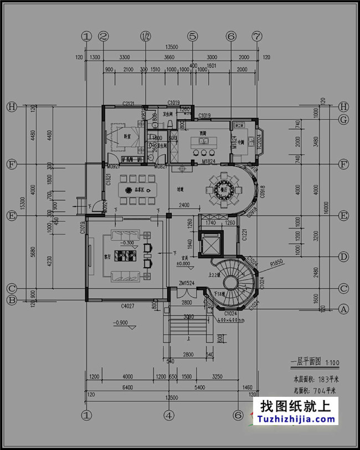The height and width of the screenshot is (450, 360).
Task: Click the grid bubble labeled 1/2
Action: [146, 37]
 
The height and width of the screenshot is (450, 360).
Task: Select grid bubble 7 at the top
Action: [256, 37]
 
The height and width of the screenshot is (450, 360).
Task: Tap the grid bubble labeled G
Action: [344, 120]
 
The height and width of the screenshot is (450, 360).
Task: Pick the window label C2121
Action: [129, 104]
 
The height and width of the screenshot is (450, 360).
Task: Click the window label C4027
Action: [128, 305]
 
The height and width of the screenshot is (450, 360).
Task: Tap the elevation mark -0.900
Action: [120, 323]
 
